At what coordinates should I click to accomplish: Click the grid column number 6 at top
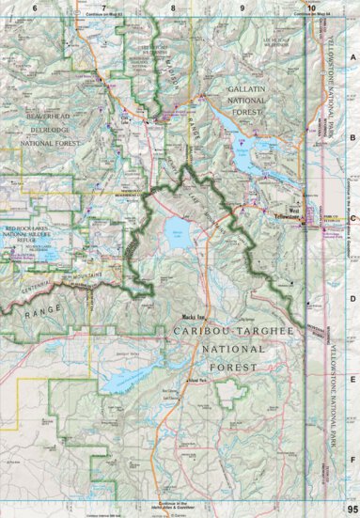(34, 8)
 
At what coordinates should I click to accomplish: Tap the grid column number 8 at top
(174, 8)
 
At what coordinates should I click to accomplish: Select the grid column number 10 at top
(311, 8)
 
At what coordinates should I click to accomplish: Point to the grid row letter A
(352, 56)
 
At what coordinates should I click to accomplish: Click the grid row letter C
(352, 217)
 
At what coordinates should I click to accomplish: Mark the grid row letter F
(352, 461)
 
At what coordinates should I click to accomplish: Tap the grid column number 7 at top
(102, 8)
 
